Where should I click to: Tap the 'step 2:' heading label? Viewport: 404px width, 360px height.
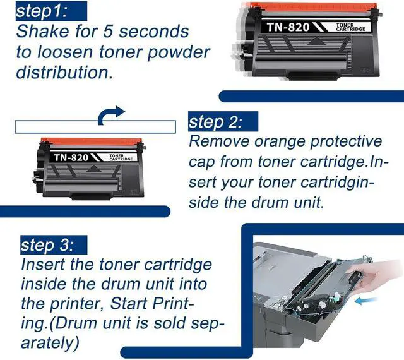click(x=215, y=121)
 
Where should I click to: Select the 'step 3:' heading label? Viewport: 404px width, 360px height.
click(x=47, y=244)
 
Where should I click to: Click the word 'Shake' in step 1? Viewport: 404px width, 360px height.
click(x=43, y=31)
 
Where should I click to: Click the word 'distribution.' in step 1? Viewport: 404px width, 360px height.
click(x=64, y=72)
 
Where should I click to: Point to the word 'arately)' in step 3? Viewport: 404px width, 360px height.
click(x=50, y=343)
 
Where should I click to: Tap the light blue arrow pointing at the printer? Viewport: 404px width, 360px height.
click(x=366, y=301)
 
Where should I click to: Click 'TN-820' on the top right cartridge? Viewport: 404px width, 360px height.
click(x=288, y=27)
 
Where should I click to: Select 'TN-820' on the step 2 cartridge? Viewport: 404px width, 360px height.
click(x=71, y=157)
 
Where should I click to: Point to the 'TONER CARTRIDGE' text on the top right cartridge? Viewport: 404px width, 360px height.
click(x=350, y=27)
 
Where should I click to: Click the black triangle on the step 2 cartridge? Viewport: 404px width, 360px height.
click(x=93, y=169)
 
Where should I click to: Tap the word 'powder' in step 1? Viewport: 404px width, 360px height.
click(x=179, y=52)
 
